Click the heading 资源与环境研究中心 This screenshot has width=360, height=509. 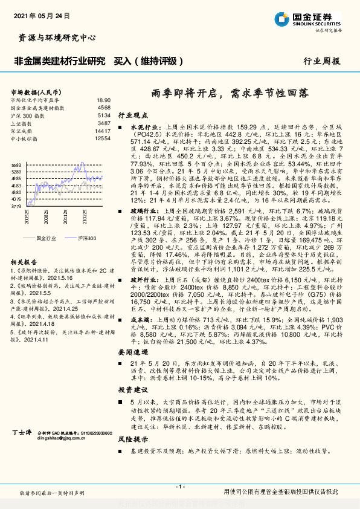54,37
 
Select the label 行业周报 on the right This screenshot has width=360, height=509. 321,61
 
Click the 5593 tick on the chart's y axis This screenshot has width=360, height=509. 16,165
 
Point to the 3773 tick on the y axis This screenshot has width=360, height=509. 16,206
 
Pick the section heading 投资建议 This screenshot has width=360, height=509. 132,391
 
